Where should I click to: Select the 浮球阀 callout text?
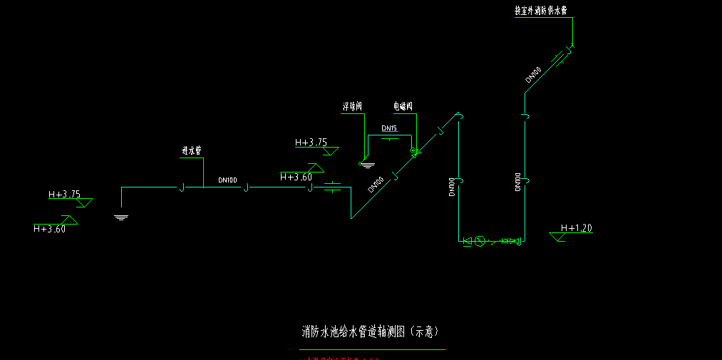coord(352,106)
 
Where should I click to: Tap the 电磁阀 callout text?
coord(403,106)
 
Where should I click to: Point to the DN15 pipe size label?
coord(388,128)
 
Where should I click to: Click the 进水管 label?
coord(192,151)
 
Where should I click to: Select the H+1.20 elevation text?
coord(577,228)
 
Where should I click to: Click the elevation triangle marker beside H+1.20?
coord(558,237)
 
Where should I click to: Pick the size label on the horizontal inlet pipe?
coord(227,180)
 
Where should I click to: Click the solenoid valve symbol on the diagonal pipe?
coord(413,152)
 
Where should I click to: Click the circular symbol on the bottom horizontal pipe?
coord(480,241)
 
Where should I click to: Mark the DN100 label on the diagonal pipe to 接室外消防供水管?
coord(533,75)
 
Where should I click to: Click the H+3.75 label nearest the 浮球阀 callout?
coord(311,143)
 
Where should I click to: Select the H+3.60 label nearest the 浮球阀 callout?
coord(296,177)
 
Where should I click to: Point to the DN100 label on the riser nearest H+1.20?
coord(517,182)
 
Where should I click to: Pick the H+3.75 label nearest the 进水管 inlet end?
coord(64,194)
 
